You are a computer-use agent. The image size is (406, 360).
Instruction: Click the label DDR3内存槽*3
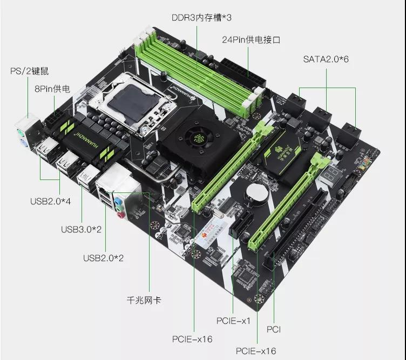point(201,17)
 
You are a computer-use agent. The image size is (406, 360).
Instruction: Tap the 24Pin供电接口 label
point(251,40)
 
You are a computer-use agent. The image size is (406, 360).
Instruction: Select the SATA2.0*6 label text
point(326,58)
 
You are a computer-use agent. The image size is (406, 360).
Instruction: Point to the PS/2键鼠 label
point(32,71)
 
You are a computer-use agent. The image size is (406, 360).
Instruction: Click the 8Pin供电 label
point(52,88)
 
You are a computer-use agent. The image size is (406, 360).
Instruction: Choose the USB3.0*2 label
point(81,229)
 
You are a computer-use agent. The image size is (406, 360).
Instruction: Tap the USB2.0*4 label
point(50,202)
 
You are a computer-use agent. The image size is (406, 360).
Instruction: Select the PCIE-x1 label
point(234,321)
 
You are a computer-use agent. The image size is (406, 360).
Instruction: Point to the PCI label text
point(274,329)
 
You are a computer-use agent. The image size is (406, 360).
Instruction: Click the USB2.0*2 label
point(103,258)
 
